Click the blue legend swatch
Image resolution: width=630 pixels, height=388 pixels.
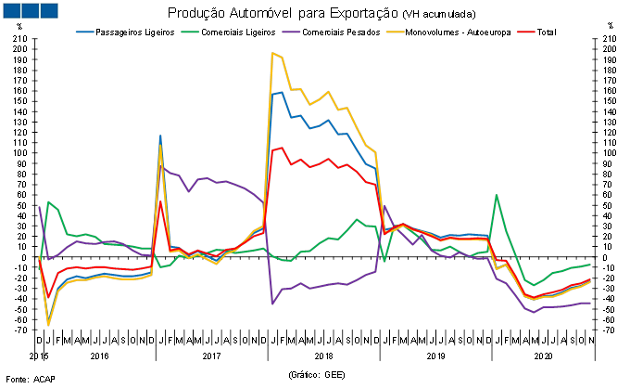84,32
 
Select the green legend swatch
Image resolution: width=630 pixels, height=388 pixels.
189,32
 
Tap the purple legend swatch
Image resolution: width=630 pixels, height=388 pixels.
291,32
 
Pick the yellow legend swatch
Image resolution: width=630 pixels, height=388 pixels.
395,32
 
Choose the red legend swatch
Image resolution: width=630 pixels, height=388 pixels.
525,32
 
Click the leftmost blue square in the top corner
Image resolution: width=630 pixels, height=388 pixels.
11,10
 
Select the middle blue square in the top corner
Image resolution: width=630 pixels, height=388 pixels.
30,10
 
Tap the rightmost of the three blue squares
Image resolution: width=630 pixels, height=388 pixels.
48,10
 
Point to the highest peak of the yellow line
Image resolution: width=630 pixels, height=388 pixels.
272,53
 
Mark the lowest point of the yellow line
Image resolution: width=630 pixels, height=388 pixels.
48,325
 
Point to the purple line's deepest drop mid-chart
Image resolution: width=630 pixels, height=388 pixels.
272,304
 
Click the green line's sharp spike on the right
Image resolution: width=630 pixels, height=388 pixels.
497,195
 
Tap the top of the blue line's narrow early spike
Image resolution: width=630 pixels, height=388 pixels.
160,136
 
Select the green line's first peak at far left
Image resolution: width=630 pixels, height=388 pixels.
48,202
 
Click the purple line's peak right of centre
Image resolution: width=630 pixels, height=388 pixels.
384,205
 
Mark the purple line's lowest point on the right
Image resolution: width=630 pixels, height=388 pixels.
534,312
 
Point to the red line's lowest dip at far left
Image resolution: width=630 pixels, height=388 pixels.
48,297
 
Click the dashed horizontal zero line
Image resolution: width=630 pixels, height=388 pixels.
315,257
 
